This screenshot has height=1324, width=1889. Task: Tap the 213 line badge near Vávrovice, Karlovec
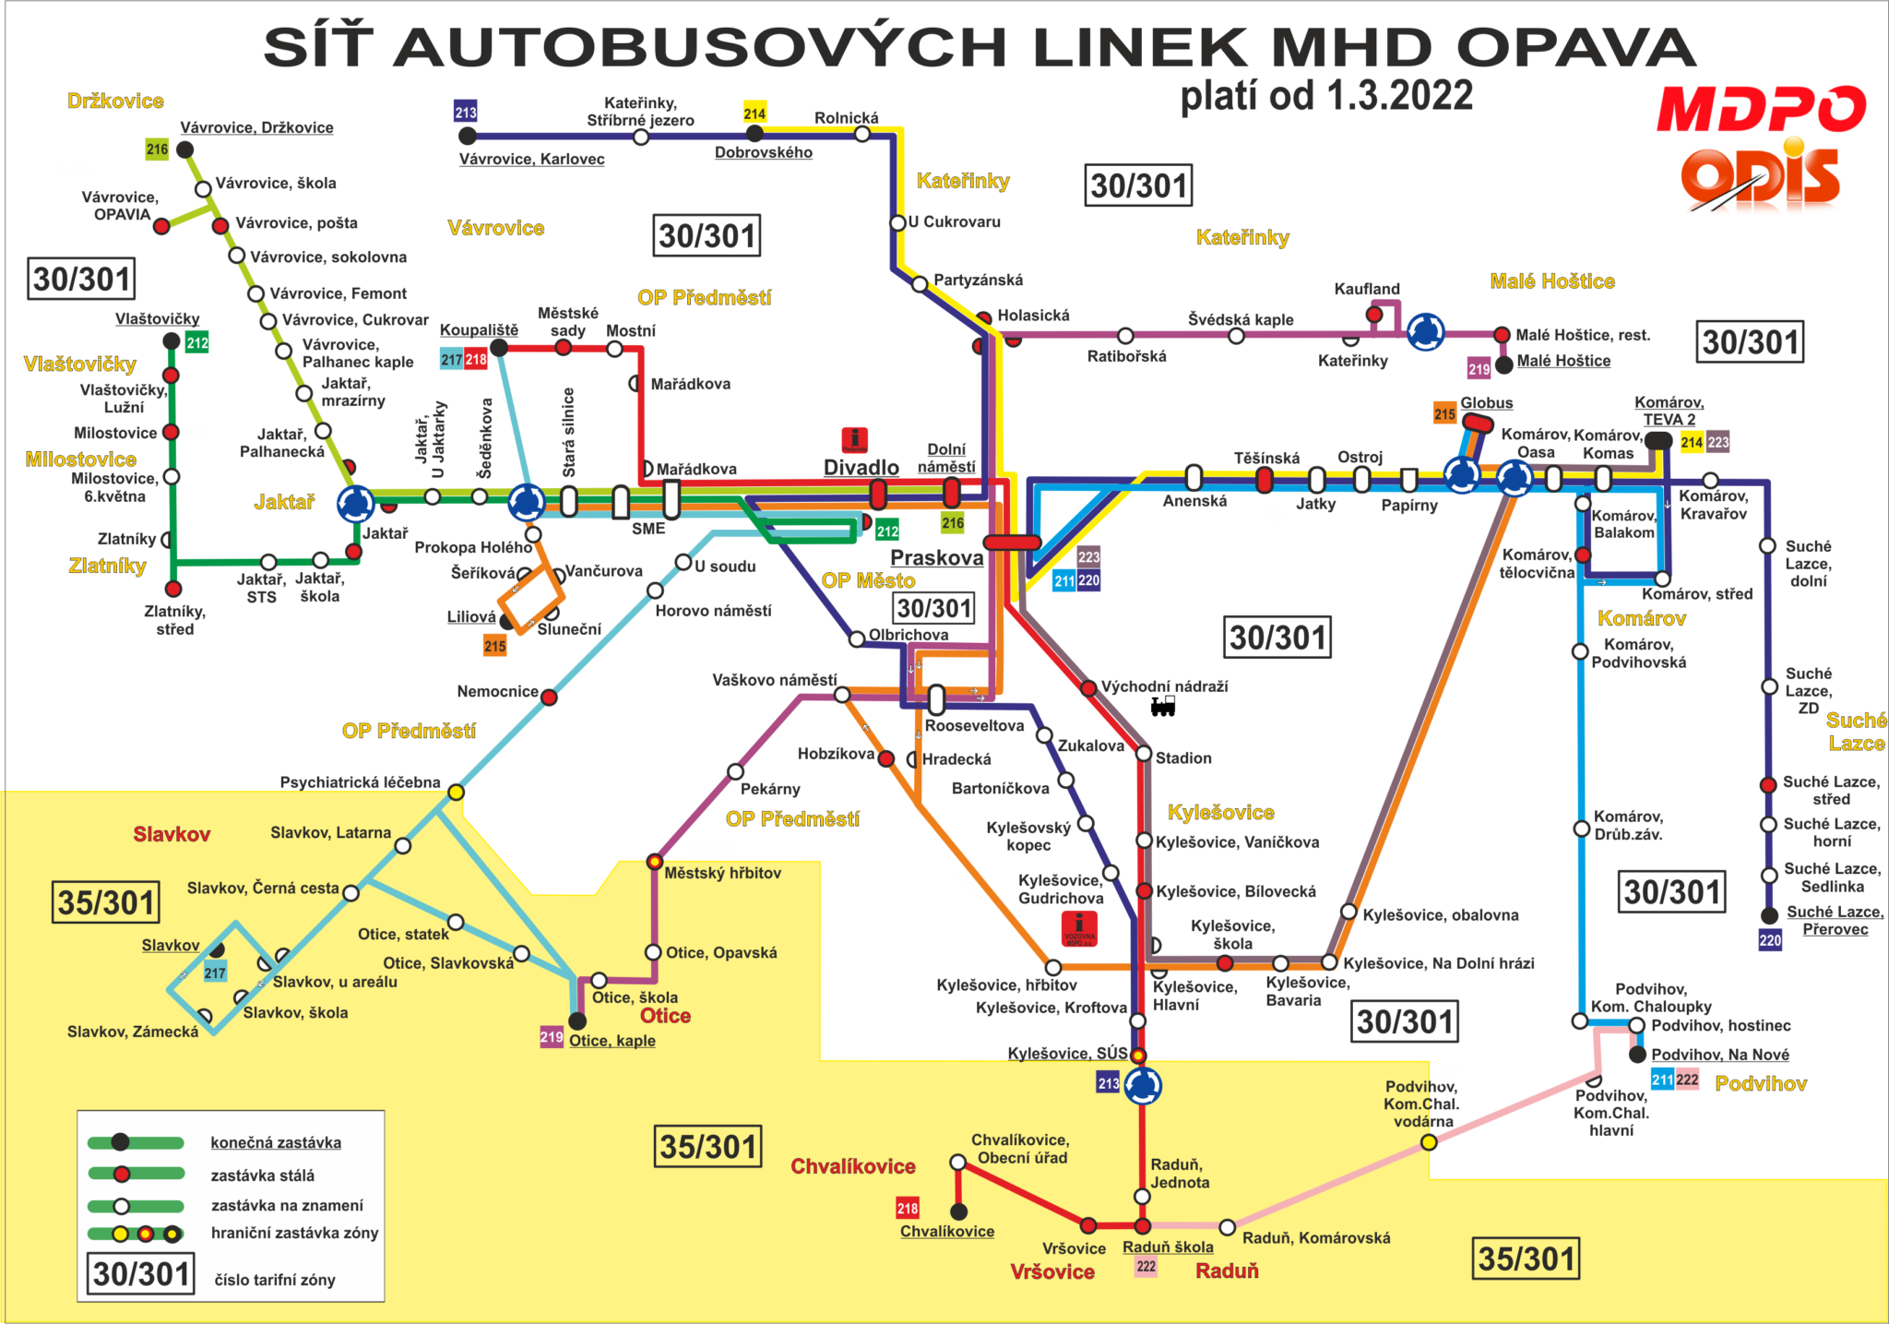[x=466, y=113]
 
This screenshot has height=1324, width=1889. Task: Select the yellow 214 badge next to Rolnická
[x=754, y=113]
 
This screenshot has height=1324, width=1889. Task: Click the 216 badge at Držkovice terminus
[x=157, y=149]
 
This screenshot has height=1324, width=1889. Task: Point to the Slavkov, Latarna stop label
[x=330, y=833]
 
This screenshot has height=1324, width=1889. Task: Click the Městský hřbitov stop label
[x=722, y=873]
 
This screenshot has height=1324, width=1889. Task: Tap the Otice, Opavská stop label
[x=721, y=953]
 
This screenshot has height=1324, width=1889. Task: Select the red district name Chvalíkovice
[x=852, y=1166]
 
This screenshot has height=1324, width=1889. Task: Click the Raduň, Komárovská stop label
[x=1315, y=1238]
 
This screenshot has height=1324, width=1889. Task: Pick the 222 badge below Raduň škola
[x=1146, y=1266]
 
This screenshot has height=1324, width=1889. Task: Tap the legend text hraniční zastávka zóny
[x=294, y=1234]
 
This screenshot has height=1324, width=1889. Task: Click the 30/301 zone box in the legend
[x=141, y=1274]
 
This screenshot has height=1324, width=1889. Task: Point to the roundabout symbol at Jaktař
[x=355, y=504]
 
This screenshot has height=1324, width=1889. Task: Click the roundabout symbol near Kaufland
[x=1424, y=332]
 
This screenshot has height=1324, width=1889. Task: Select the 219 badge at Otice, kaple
[x=552, y=1037]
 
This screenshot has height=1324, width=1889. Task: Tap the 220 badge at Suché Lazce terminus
[x=1770, y=940]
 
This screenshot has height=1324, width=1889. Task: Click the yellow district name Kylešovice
[x=1220, y=812]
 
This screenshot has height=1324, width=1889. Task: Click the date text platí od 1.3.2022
[x=1326, y=95]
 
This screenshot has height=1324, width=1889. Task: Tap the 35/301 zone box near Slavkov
[x=106, y=902]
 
